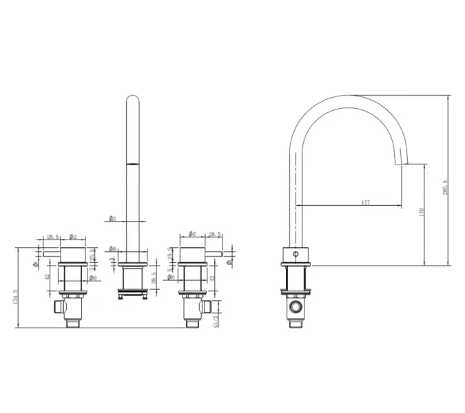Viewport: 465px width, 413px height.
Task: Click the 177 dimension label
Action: coord(365,202)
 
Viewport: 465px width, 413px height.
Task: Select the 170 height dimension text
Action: coord(422,214)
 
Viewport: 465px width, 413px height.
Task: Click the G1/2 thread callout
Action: coord(216,318)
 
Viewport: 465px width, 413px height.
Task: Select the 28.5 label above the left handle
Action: coord(52,237)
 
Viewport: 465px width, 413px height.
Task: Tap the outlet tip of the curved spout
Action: coord(400,162)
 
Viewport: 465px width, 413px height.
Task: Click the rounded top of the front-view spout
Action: coord(133,100)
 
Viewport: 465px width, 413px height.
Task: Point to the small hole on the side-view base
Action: coord(297,254)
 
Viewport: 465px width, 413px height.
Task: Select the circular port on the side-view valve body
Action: coord(298,306)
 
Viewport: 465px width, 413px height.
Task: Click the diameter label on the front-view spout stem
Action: coord(112,219)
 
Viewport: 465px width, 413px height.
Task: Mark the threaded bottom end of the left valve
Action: coord(74,323)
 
